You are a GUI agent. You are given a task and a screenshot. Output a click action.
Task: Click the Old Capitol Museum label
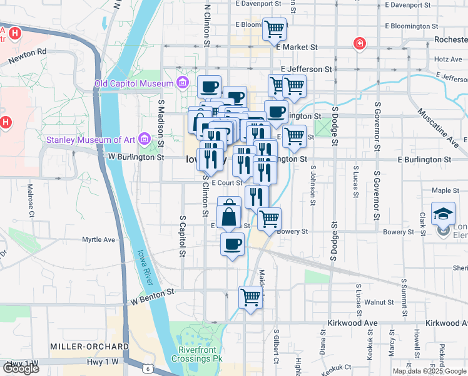click(x=134, y=84)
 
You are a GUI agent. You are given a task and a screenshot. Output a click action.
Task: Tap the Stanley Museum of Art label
click(x=91, y=138)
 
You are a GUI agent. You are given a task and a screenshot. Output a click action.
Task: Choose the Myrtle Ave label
click(x=99, y=239)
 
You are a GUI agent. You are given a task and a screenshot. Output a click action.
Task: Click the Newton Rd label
click(x=28, y=57)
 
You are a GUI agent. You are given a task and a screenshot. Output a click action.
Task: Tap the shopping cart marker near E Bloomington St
click(x=274, y=28)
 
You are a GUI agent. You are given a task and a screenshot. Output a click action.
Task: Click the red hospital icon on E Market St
click(x=359, y=44)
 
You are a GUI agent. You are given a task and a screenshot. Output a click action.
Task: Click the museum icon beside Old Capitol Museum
click(x=182, y=82)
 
